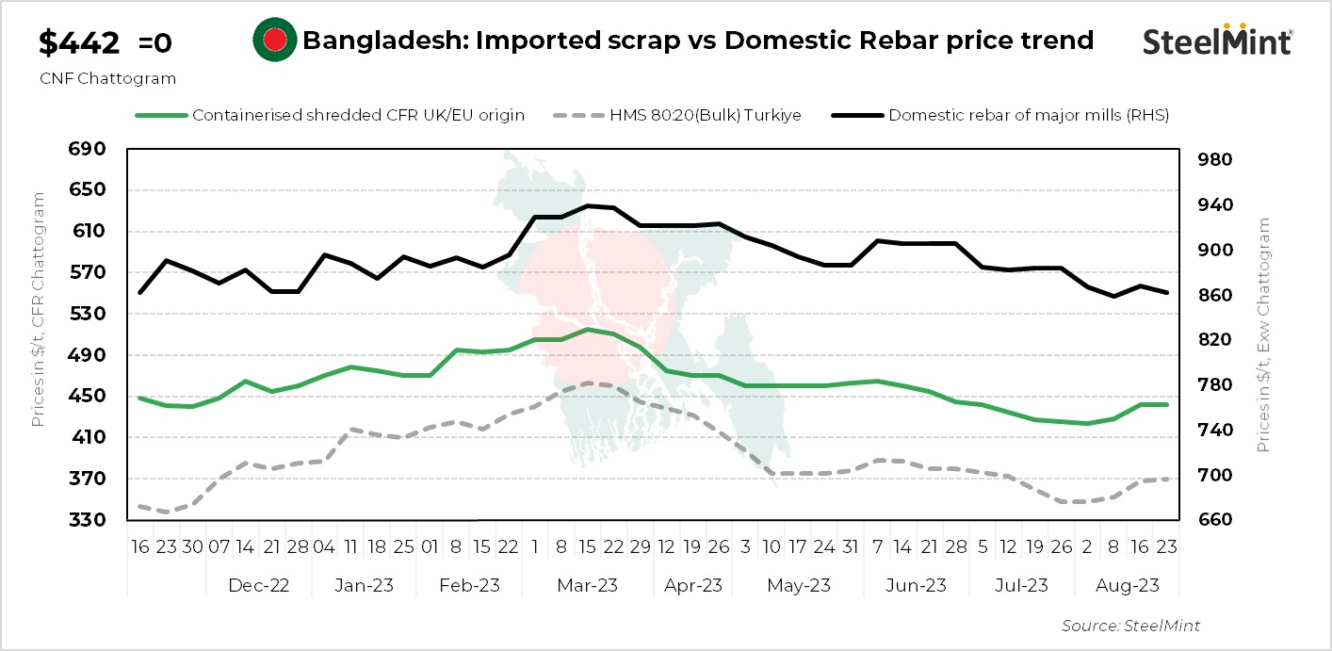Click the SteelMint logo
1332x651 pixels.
[1217, 41]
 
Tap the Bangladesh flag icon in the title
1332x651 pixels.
[274, 41]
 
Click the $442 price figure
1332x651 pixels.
[79, 43]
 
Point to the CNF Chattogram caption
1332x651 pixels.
[107, 79]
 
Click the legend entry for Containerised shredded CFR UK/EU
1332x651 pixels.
[358, 115]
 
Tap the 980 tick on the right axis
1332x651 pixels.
[1214, 160]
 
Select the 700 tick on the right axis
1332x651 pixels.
[1214, 476]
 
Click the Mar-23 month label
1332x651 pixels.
[587, 585]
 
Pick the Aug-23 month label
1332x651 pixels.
[1126, 585]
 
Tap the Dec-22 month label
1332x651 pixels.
[258, 585]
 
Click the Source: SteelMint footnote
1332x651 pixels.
[1130, 626]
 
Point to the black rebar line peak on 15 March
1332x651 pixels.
[587, 205]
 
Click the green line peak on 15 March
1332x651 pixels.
[587, 329]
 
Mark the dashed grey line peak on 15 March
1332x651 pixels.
[587, 382]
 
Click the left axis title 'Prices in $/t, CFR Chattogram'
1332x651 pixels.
[39, 309]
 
